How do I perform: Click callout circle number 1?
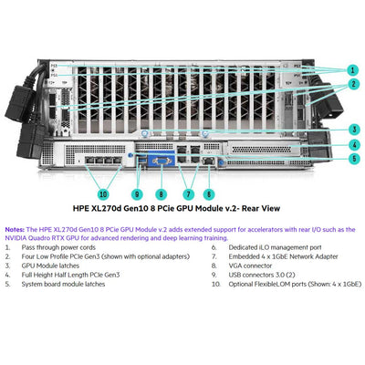(351, 69)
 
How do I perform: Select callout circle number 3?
(351, 129)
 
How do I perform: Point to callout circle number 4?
(351, 143)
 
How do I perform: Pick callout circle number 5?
(351, 158)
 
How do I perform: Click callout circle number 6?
(209, 193)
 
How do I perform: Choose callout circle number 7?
(188, 193)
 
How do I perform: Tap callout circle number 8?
(162, 193)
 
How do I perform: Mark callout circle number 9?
(137, 193)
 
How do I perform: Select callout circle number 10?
(102, 193)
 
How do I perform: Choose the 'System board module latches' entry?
(65, 284)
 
